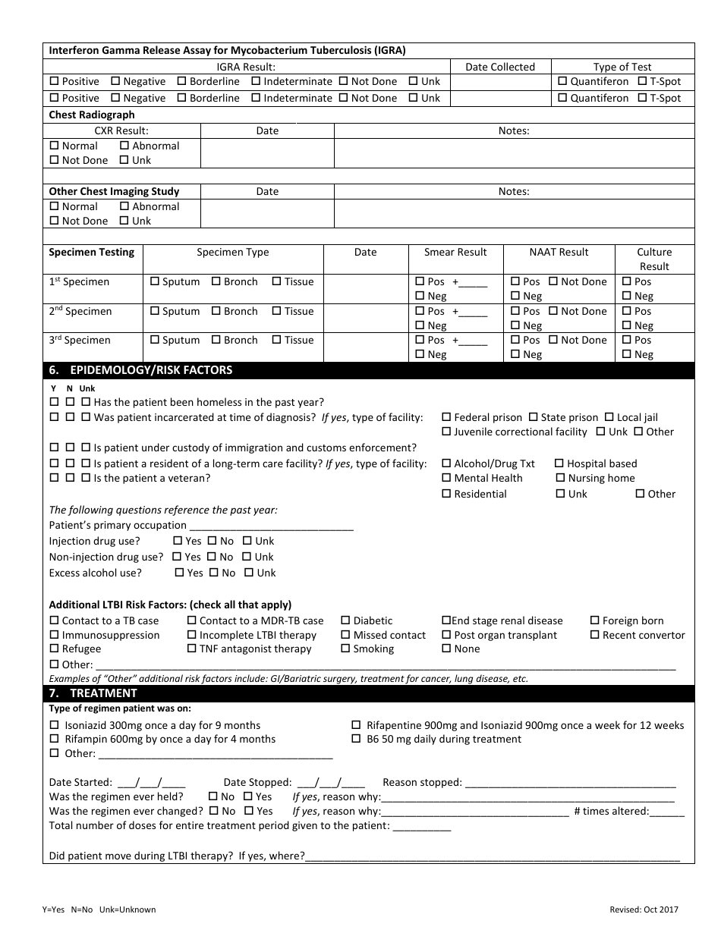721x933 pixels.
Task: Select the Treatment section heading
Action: [x=103, y=693]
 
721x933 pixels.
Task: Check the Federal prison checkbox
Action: [x=447, y=417]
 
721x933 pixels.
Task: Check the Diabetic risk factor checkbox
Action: [x=346, y=620]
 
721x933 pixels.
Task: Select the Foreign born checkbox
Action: [x=595, y=620]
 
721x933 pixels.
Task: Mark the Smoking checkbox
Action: [x=346, y=649]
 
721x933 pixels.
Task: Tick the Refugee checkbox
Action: [x=54, y=649]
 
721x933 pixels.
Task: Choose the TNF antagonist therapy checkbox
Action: [x=192, y=649]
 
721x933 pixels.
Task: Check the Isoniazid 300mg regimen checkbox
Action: [x=54, y=725]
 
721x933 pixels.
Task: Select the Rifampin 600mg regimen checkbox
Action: [x=54, y=739]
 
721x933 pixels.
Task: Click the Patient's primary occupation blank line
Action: [x=271, y=526]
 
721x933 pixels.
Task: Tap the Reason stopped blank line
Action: [x=570, y=783]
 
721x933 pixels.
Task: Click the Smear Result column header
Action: [x=455, y=252]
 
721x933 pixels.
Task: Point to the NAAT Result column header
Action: [x=559, y=252]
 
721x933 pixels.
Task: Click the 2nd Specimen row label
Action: [x=80, y=311]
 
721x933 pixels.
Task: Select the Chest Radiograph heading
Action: [x=92, y=115]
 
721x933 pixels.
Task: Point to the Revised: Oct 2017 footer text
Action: [x=644, y=909]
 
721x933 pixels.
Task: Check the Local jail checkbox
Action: [x=610, y=417]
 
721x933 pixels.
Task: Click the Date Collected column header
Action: [x=500, y=67]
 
